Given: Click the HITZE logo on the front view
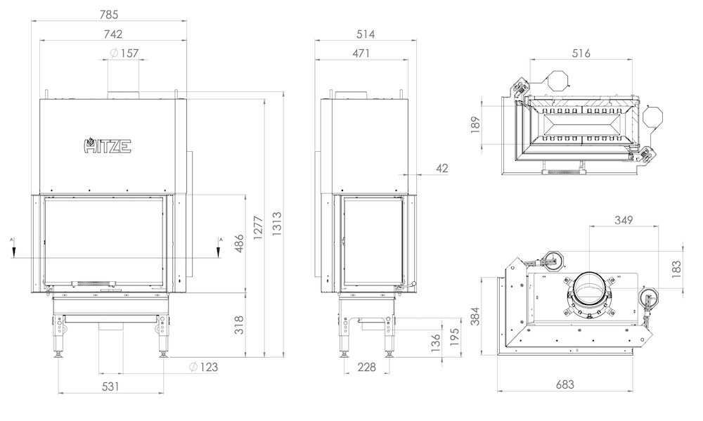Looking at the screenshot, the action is coord(108,145).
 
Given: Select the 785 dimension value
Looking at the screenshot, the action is coord(109,15).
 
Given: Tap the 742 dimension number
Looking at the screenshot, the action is coord(112,34).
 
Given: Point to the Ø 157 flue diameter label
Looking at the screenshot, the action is coord(124,53).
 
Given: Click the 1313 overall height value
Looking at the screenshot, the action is coord(276,224).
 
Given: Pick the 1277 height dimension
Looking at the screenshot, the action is coord(258,228).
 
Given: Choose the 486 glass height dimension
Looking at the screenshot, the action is coord(239,243).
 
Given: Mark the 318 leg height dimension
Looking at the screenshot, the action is coord(239,325).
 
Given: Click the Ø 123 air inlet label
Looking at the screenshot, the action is coord(204,367).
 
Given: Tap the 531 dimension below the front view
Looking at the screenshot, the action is coord(110,386).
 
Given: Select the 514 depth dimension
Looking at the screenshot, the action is coord(366,34).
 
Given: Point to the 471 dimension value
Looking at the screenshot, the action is coord(361,53).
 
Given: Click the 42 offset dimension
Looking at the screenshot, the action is coord(441,168).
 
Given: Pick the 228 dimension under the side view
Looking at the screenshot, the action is coord(367,367).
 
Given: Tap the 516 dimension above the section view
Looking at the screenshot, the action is coord(581,53).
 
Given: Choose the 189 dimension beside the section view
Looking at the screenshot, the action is coord(476,123).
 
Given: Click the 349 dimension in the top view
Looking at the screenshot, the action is coord(624,220).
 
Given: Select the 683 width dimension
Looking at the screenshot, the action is coord(565,384).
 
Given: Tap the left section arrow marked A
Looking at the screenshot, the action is coord(13,248).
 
